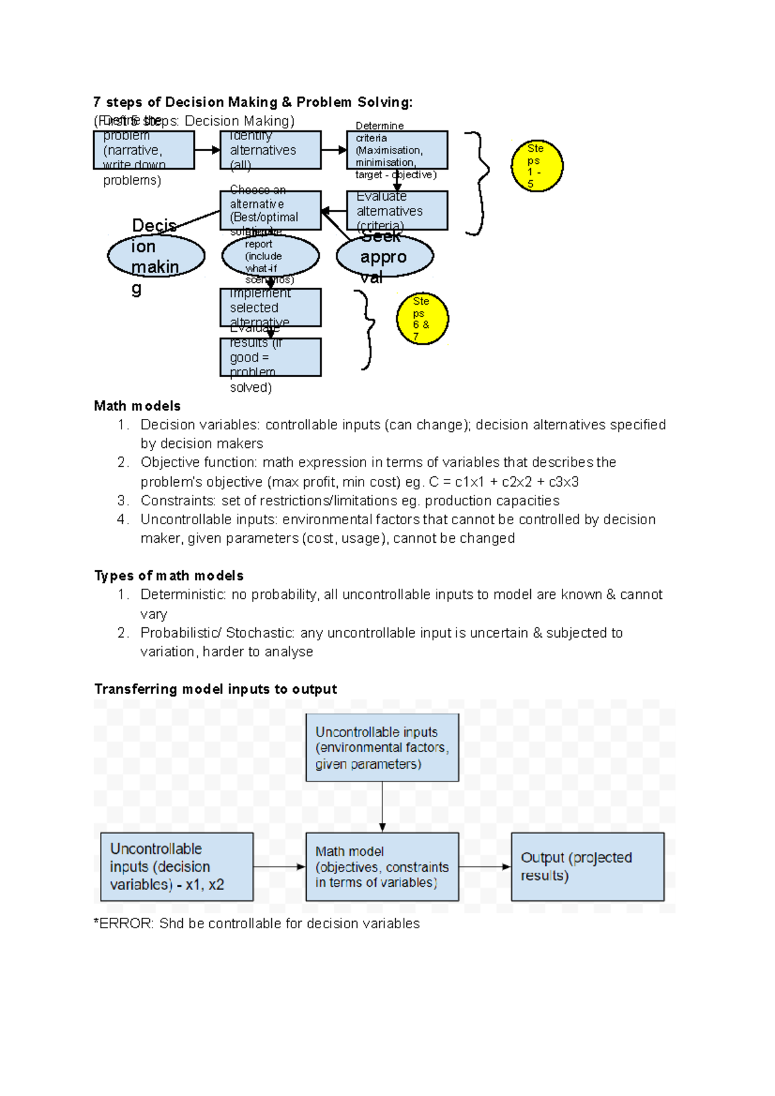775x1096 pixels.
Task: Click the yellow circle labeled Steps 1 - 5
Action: pos(537,166)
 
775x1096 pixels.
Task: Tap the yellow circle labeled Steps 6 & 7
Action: pos(422,319)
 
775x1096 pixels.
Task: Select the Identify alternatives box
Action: pos(271,150)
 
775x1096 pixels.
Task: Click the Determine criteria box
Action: pos(397,150)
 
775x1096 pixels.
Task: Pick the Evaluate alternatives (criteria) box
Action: pos(397,210)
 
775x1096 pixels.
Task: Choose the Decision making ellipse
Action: pos(156,256)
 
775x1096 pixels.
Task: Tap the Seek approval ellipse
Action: pos(385,256)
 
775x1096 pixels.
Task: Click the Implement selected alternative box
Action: pos(271,307)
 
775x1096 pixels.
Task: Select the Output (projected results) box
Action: pos(587,866)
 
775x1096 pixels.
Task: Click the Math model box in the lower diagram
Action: pos(382,866)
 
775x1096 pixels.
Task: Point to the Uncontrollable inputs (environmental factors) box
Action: pos(382,747)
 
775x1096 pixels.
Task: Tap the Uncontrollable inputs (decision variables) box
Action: pos(176,866)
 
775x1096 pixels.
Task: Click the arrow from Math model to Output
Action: pos(484,867)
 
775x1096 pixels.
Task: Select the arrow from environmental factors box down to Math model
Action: pos(382,807)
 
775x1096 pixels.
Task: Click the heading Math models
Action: pos(137,406)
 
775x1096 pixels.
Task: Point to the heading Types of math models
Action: pos(169,576)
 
